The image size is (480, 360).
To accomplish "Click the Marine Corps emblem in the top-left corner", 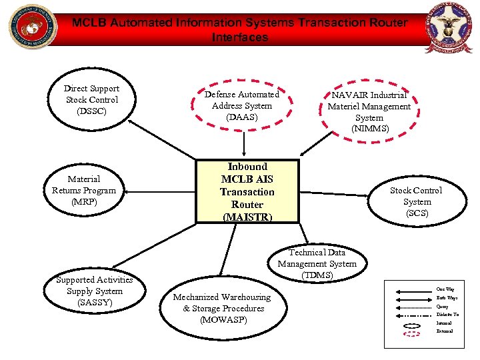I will [x=29, y=27].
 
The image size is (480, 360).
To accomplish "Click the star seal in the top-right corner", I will [x=450, y=29].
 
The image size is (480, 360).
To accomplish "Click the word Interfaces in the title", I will [x=239, y=37].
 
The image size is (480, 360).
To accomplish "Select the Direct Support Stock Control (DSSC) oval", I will [x=92, y=99].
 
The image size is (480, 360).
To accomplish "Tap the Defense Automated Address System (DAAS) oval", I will [x=241, y=106].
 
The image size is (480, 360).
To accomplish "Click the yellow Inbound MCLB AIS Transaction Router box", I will [x=247, y=192].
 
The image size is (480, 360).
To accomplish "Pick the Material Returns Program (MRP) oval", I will [x=84, y=191].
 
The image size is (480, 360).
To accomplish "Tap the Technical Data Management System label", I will [x=317, y=263].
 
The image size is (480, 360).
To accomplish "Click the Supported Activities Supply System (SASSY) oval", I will [x=95, y=291].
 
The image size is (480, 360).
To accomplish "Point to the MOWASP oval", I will [x=222, y=308].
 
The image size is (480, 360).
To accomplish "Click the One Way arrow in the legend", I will [x=411, y=289].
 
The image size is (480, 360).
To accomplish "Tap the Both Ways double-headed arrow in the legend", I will [x=411, y=298].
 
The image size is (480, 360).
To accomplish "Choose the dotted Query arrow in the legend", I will [x=411, y=306].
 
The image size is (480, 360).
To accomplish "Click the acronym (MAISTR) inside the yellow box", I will [x=247, y=217].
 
